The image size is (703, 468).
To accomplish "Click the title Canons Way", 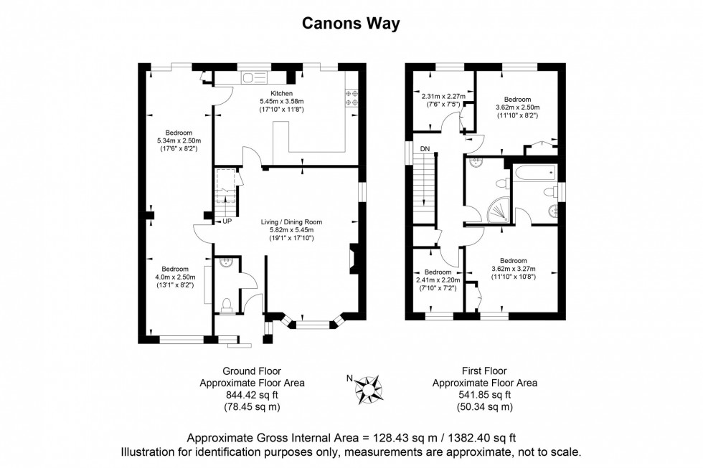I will tap(351, 24).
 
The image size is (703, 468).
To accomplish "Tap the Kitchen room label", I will tap(281, 94).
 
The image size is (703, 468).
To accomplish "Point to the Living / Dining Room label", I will tap(291, 222).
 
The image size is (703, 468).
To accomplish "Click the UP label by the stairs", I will tap(227, 221).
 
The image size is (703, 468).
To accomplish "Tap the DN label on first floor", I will tap(425, 149).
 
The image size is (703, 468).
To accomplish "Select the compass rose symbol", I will tap(369, 387).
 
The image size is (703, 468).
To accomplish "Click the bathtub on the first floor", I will tap(534, 172).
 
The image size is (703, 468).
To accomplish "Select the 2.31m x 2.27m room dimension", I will tap(443, 97).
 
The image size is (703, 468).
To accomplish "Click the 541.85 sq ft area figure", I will tap(484, 394).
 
